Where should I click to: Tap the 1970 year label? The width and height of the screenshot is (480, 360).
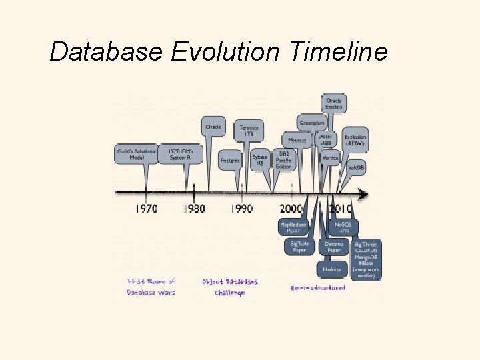[x=147, y=208]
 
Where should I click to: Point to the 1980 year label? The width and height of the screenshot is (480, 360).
[x=194, y=208]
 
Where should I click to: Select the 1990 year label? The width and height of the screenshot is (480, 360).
[x=241, y=208]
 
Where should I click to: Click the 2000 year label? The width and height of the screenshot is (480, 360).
[x=291, y=208]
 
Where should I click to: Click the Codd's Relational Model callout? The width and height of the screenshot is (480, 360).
[x=137, y=155]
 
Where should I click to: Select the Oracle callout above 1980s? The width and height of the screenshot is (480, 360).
[x=213, y=127]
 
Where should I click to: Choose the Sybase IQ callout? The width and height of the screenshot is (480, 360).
[x=260, y=161]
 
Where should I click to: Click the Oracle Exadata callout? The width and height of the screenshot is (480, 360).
[x=334, y=104]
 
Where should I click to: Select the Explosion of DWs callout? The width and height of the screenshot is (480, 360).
[x=355, y=140]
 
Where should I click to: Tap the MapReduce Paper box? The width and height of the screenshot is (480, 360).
[x=293, y=227]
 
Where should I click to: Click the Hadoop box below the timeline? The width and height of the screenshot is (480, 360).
[x=332, y=269]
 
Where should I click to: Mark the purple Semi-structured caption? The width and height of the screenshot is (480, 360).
[x=318, y=288]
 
